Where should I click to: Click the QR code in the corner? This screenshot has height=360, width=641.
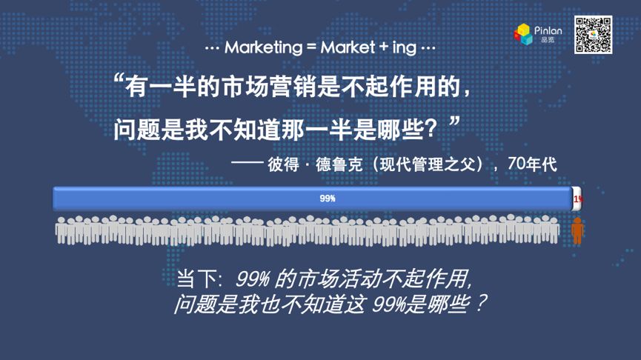pyautogui.click(x=593, y=35)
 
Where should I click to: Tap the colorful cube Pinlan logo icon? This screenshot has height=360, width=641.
pyautogui.click(x=523, y=34)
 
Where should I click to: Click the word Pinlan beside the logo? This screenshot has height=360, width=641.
pyautogui.click(x=548, y=30)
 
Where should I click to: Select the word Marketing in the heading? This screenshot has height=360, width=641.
pyautogui.click(x=263, y=48)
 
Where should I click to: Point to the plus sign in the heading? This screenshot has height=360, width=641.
pyautogui.click(x=383, y=47)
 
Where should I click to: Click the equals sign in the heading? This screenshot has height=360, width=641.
pyautogui.click(x=311, y=48)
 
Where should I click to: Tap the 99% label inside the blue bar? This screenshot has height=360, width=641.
pyautogui.click(x=328, y=199)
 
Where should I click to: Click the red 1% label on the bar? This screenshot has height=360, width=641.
pyautogui.click(x=577, y=199)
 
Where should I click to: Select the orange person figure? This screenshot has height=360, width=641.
pyautogui.click(x=577, y=230)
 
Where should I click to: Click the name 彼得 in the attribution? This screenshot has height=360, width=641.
pyautogui.click(x=283, y=164)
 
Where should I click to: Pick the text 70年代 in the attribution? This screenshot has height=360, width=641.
pyautogui.click(x=532, y=164)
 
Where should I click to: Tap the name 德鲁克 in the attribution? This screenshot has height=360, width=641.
pyautogui.click(x=339, y=164)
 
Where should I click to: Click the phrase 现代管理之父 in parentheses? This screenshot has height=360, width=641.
pyautogui.click(x=428, y=164)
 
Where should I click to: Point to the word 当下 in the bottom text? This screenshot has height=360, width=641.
pyautogui.click(x=196, y=279)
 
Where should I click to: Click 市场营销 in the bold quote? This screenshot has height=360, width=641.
pyautogui.click(x=269, y=87)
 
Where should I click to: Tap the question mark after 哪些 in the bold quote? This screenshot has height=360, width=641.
pyautogui.click(x=430, y=130)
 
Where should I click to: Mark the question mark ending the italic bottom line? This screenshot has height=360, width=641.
pyautogui.click(x=481, y=304)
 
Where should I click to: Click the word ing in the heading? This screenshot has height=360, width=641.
pyautogui.click(x=405, y=48)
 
